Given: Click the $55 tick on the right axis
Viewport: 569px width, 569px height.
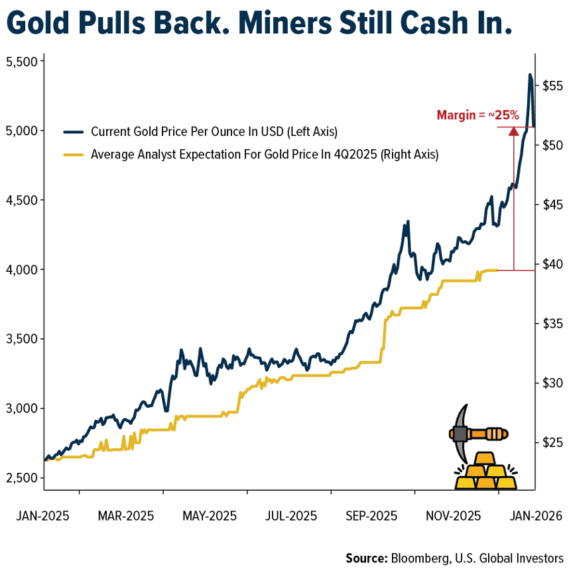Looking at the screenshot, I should point(552,86).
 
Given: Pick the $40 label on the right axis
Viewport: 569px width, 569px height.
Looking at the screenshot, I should point(552,264).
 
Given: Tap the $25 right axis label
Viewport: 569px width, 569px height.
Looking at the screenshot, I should point(552,442).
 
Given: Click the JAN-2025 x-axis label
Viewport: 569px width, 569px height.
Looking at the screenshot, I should point(42,515).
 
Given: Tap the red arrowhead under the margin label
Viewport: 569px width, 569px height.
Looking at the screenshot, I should point(513,131).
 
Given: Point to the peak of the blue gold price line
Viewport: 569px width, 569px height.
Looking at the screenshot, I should point(530,75).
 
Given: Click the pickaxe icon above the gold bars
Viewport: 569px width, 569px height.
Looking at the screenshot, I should point(475,434).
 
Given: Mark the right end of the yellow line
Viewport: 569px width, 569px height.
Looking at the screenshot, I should point(497,270).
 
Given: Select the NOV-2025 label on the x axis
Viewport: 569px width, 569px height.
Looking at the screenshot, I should point(453,515).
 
